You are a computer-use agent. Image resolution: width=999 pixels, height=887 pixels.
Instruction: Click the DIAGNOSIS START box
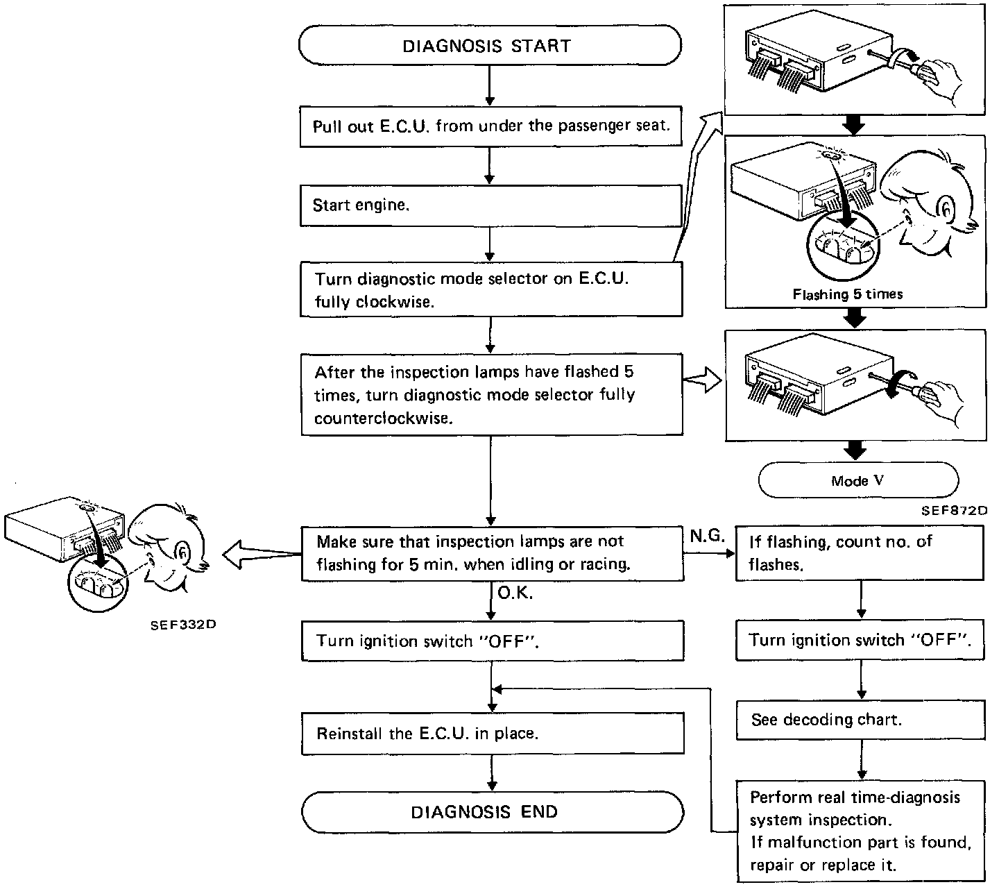490,46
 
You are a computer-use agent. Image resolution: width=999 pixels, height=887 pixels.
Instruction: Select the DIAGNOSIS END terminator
492,811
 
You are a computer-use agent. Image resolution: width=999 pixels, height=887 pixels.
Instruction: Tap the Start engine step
490,205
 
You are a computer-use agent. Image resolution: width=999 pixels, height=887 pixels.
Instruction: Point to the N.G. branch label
708,535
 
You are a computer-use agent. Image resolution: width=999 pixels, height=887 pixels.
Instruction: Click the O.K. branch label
515,594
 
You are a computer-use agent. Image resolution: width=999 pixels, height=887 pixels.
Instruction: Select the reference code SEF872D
955,511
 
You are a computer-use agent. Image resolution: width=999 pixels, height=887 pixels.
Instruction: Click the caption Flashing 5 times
848,294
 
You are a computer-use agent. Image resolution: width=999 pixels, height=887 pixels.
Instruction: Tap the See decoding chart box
860,720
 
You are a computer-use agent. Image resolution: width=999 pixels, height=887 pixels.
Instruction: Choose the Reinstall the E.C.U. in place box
493,733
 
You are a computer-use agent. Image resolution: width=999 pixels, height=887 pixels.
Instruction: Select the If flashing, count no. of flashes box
860,552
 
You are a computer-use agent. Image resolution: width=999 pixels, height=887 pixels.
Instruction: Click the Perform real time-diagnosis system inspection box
860,831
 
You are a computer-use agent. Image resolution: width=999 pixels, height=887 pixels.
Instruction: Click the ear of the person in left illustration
181,552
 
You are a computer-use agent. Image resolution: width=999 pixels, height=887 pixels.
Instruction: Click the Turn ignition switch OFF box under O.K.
493,641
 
